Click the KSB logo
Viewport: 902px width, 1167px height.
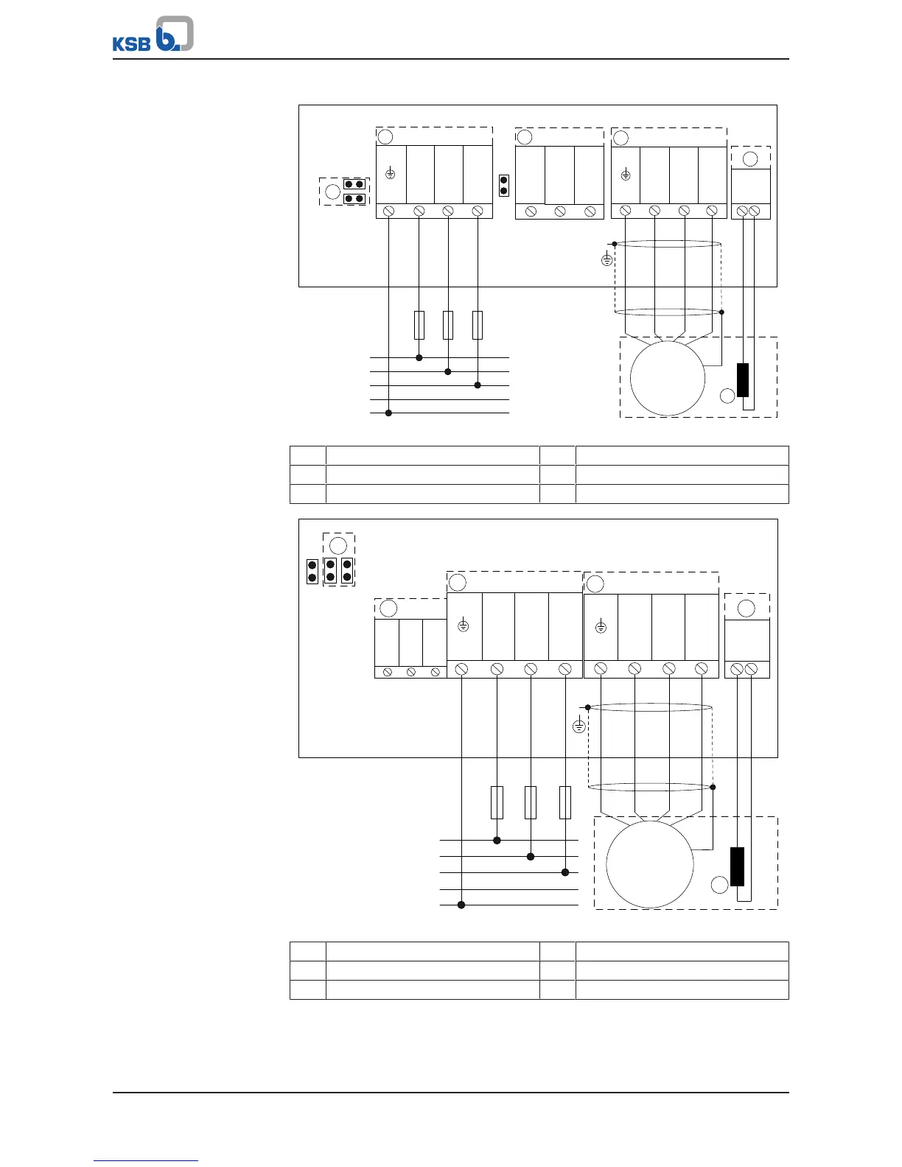tap(153, 35)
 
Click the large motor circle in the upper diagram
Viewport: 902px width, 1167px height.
tap(668, 378)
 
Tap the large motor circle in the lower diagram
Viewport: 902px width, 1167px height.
tap(649, 865)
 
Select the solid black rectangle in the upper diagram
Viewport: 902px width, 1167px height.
tap(743, 380)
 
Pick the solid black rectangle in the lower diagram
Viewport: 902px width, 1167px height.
tap(737, 866)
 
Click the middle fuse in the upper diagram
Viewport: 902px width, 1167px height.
tap(448, 325)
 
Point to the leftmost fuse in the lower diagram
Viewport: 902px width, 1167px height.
tap(497, 802)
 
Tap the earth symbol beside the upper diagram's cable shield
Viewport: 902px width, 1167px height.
tap(606, 259)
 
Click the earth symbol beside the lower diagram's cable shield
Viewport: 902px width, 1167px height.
tap(579, 726)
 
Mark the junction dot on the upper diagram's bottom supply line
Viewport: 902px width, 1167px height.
tap(389, 413)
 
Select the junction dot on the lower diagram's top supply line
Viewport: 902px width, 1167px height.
tap(497, 840)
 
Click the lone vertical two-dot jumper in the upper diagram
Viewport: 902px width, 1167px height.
tap(504, 185)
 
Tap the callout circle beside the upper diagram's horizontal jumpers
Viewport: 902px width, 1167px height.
tap(332, 192)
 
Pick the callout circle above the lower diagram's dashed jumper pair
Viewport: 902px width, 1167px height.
tap(338, 546)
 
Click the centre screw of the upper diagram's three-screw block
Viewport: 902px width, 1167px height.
tap(560, 211)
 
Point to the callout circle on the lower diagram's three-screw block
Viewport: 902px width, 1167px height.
tap(388, 609)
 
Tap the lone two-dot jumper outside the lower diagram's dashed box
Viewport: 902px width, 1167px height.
tap(312, 572)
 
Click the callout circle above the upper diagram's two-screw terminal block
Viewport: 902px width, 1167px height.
tap(750, 159)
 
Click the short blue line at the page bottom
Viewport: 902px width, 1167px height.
tap(146, 1160)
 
